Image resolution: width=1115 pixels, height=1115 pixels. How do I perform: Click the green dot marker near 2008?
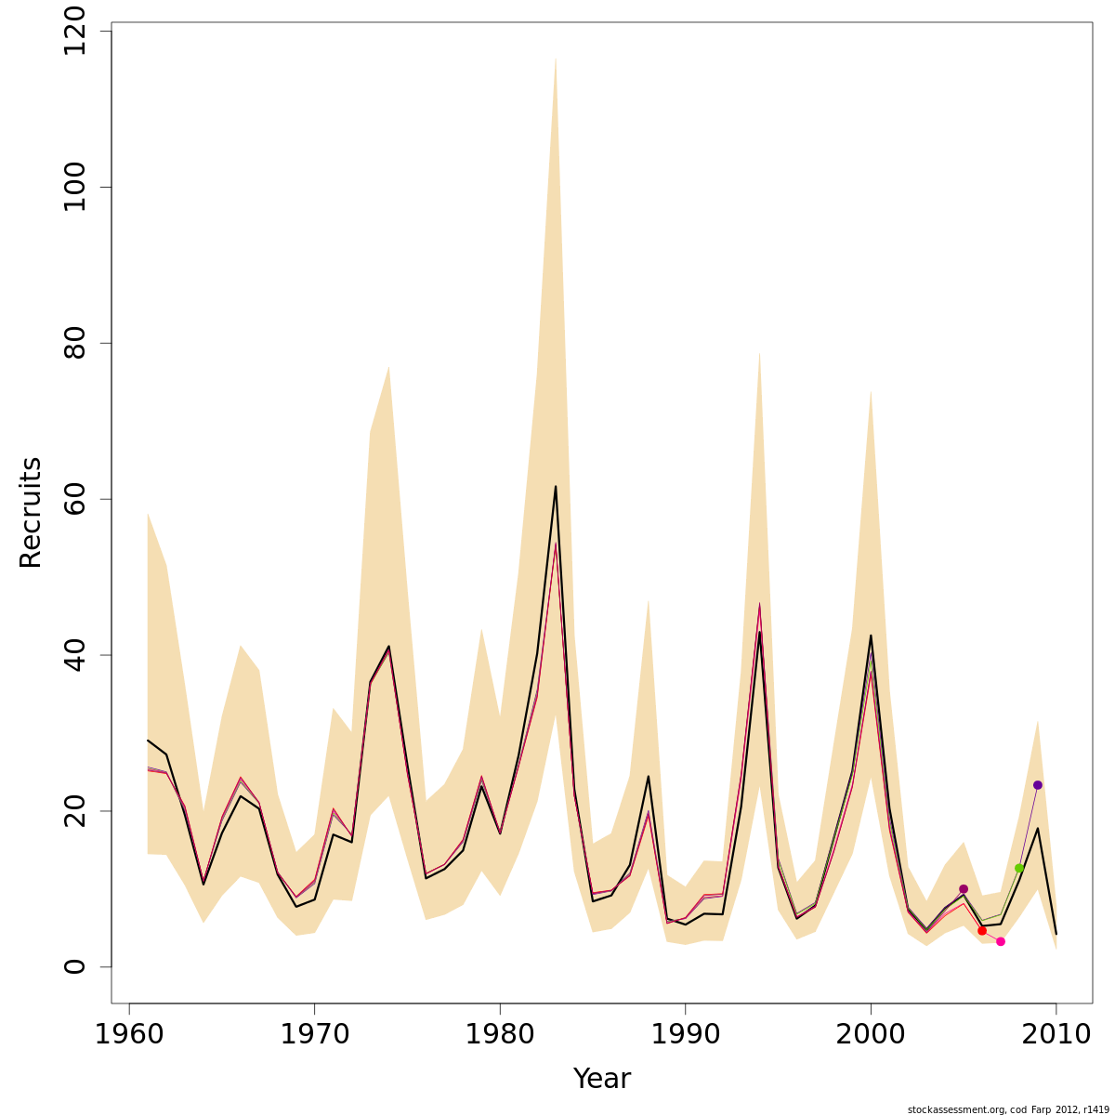pyautogui.click(x=1019, y=868)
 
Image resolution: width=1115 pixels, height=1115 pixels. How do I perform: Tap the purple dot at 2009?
pyautogui.click(x=1038, y=785)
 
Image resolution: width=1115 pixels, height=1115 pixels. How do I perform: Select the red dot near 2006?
pyautogui.click(x=982, y=930)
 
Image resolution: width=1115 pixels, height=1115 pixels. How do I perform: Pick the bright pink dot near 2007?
pyautogui.click(x=1001, y=941)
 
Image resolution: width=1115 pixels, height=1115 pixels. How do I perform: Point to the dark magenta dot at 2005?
pyautogui.click(x=964, y=889)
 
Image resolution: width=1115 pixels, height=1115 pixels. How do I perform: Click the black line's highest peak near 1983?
pyautogui.click(x=556, y=486)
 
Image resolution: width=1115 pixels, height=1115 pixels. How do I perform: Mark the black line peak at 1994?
pyautogui.click(x=760, y=632)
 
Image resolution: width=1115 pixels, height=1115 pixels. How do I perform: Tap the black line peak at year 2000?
pyautogui.click(x=871, y=636)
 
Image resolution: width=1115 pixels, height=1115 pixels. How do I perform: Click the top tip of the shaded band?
pyautogui.click(x=556, y=58)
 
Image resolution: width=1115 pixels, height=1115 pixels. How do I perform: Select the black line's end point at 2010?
pyautogui.click(x=1056, y=934)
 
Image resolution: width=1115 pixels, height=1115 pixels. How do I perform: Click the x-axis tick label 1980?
pyautogui.click(x=500, y=1034)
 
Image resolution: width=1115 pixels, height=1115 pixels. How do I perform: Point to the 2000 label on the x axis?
pyautogui.click(x=871, y=1034)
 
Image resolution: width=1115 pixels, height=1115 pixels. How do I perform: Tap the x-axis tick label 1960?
pyautogui.click(x=129, y=1034)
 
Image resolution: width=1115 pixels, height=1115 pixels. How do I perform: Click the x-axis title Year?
pyautogui.click(x=601, y=1079)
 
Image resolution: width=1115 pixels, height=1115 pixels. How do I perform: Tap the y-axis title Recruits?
pyautogui.click(x=31, y=512)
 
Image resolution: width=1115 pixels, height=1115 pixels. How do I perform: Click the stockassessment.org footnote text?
pyautogui.click(x=1008, y=1108)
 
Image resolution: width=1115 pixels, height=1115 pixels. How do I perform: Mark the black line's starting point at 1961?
pyautogui.click(x=148, y=741)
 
